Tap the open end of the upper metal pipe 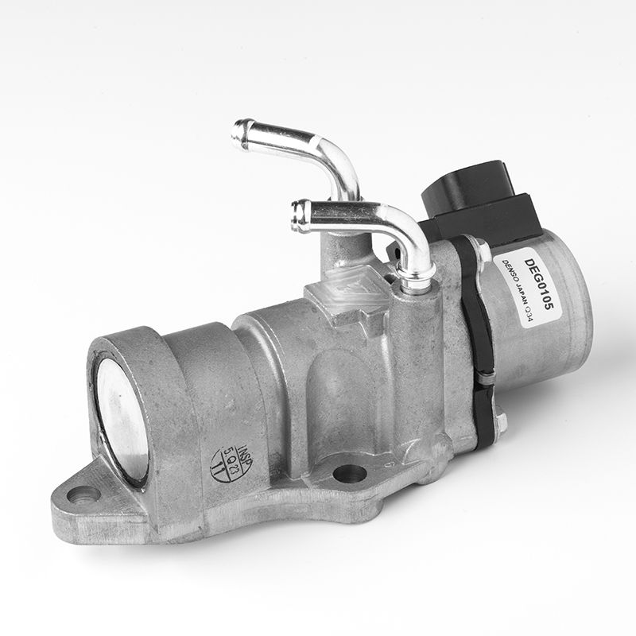click(238, 133)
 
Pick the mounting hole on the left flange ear click(83, 494)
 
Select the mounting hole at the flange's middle click(349, 474)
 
